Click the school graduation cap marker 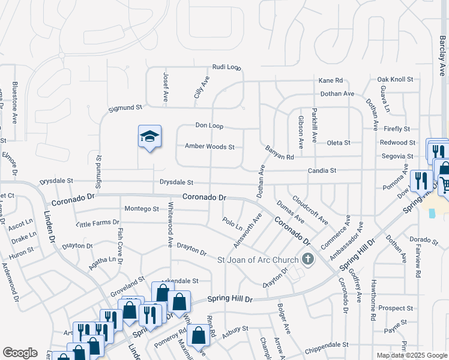pos(149,137)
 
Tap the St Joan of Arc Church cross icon pos(308,260)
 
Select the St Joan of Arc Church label pos(258,260)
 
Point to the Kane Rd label pos(330,80)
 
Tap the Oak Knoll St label pos(395,79)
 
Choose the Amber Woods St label pos(209,146)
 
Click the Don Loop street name pos(209,126)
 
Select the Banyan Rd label pos(280,152)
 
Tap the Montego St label pos(142,209)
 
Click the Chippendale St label pos(328,344)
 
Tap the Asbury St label pos(236,330)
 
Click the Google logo pos(20,352)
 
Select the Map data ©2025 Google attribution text pos(411,355)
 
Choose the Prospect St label pos(396,308)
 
